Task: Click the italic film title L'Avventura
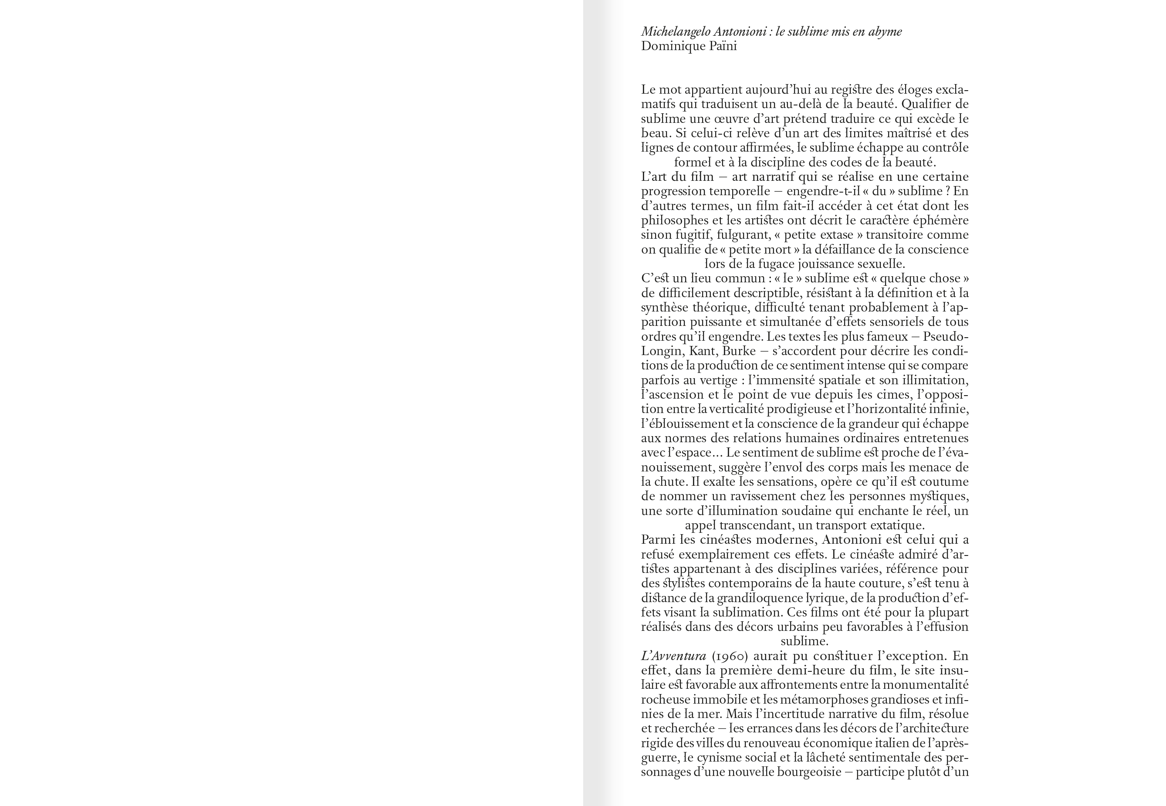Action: (x=673, y=656)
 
